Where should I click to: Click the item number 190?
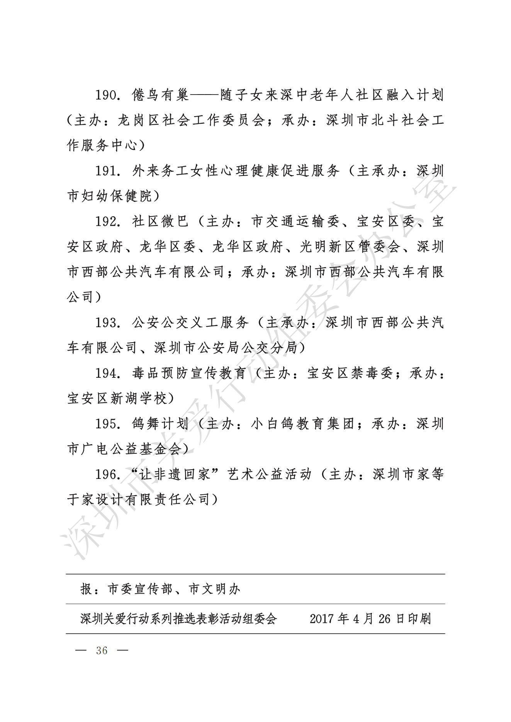tap(106, 95)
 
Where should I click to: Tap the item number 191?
tap(106, 171)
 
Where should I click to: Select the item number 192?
tap(106, 221)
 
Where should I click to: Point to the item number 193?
tap(106, 322)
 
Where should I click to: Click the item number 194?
tap(106, 373)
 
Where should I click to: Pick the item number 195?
tap(106, 424)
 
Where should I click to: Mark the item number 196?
tap(106, 474)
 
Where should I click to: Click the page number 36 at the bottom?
tap(102, 651)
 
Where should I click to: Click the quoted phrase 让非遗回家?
tap(175, 474)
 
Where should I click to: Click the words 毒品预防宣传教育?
tap(189, 373)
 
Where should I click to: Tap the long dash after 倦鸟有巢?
tap(204, 95)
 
